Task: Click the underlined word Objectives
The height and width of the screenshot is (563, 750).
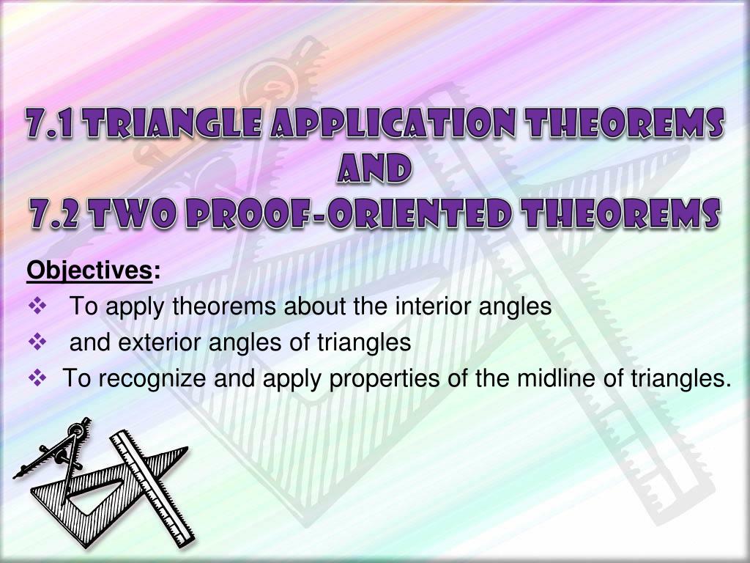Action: (89, 271)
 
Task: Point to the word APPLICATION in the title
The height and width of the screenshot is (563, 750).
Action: (393, 123)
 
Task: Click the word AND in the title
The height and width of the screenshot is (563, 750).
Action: (374, 168)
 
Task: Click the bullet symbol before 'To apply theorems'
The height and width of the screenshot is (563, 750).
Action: (37, 306)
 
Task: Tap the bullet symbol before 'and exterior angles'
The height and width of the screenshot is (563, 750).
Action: (37, 342)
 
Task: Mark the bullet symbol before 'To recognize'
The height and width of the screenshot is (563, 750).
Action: (37, 378)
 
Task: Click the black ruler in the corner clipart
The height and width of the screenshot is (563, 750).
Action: (152, 488)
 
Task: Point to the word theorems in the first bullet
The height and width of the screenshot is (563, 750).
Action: (224, 306)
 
